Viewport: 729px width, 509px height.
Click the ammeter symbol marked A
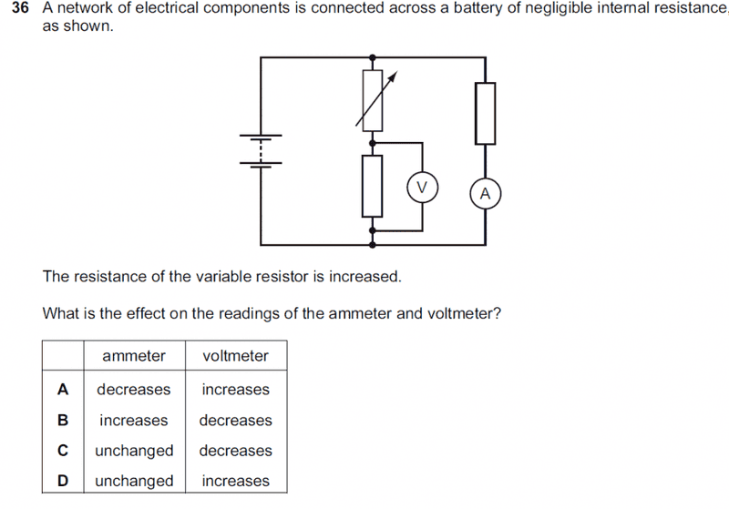click(x=485, y=193)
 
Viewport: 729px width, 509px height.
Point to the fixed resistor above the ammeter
click(x=485, y=113)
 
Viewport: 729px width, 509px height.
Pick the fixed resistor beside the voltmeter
click(x=372, y=186)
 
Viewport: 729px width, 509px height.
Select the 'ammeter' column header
click(x=133, y=356)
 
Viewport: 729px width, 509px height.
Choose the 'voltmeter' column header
click(x=236, y=356)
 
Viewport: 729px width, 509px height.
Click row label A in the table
click(x=63, y=390)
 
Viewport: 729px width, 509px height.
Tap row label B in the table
click(x=63, y=421)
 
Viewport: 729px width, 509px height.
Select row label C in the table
click(x=63, y=451)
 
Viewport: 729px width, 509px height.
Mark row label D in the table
click(x=63, y=481)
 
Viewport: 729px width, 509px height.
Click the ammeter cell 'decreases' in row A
click(x=133, y=390)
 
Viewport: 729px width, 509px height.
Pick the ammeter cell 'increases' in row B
click(x=133, y=421)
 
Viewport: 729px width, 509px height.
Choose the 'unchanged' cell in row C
click(x=133, y=451)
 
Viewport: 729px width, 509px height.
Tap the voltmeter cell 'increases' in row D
click(x=236, y=481)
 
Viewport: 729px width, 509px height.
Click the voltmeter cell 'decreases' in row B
click(x=236, y=421)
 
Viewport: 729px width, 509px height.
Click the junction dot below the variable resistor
click(x=372, y=143)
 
